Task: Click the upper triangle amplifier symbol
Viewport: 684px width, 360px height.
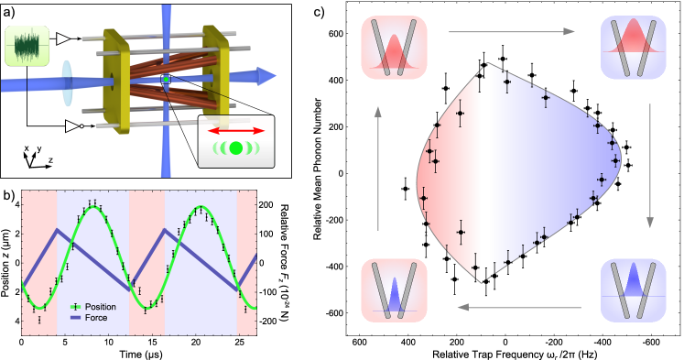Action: click(64, 38)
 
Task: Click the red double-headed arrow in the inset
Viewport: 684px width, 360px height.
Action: click(235, 131)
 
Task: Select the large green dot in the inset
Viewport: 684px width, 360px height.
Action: click(235, 148)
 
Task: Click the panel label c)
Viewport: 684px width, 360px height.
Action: click(320, 12)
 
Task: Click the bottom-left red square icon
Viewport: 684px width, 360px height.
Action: click(394, 289)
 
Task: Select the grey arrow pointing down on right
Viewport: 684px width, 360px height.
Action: click(650, 165)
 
